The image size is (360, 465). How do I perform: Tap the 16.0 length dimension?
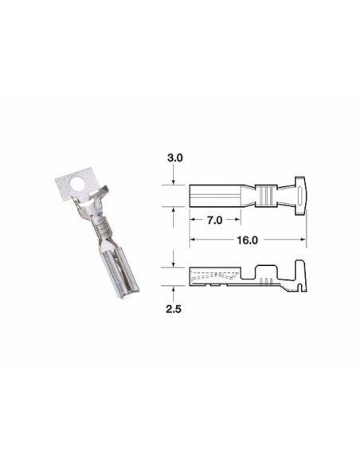[247, 238]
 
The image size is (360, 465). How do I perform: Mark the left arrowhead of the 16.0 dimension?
[192, 238]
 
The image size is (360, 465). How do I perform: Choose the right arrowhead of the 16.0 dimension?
[305, 238]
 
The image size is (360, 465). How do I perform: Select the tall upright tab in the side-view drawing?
[300, 269]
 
